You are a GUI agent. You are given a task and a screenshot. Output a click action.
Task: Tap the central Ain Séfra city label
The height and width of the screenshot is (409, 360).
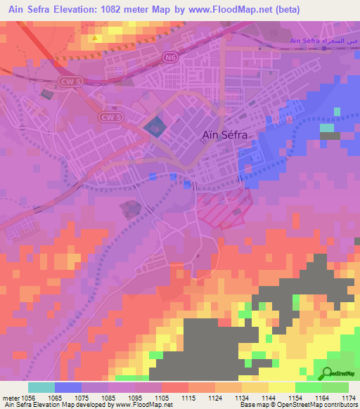point(224,136)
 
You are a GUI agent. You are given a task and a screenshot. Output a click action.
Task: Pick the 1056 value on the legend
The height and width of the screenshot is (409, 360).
point(29,397)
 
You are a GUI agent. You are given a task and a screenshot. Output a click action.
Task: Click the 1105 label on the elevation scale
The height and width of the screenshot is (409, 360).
point(162,397)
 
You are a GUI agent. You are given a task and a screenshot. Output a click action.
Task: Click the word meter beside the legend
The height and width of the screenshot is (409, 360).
point(10,397)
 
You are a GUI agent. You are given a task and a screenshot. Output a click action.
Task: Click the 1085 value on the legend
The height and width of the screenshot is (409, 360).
point(108,397)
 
